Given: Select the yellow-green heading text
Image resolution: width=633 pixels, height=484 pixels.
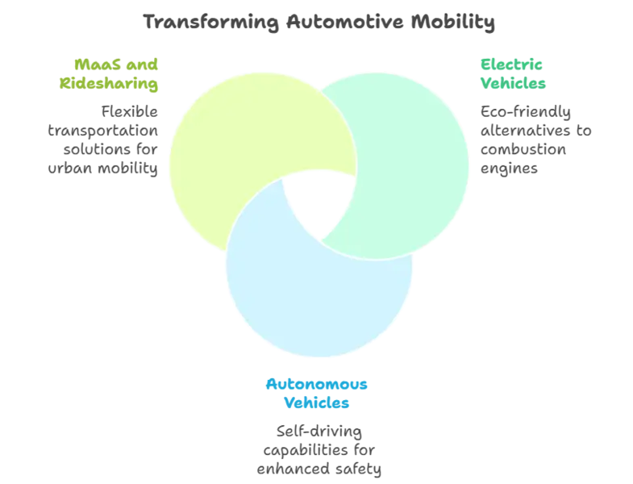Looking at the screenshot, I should pyautogui.click(x=108, y=73).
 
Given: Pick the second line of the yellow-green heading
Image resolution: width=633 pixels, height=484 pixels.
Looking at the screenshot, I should pyautogui.click(x=108, y=82).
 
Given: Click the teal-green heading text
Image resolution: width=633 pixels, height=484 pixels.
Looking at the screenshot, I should pyautogui.click(x=514, y=73).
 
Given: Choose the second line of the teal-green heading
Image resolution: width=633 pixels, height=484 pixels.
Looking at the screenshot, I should pyautogui.click(x=514, y=82).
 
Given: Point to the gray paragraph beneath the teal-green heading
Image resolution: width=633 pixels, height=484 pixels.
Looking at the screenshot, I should pyautogui.click(x=532, y=137).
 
